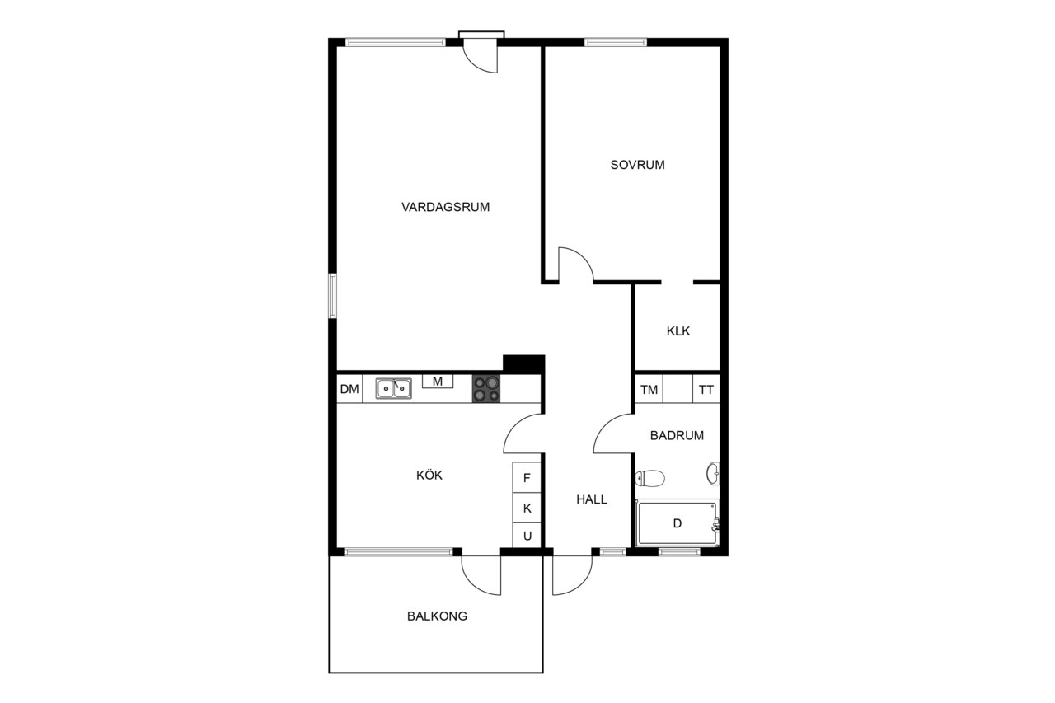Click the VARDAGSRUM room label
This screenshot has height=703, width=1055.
pyautogui.click(x=445, y=207)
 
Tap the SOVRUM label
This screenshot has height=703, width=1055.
pyautogui.click(x=637, y=165)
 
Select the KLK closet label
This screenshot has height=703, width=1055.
pyautogui.click(x=678, y=331)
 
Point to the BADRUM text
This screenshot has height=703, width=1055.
pyautogui.click(x=677, y=435)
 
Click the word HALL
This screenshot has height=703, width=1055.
pyautogui.click(x=592, y=499)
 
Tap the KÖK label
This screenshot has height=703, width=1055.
pyautogui.click(x=429, y=475)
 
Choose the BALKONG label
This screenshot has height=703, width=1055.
pyautogui.click(x=437, y=616)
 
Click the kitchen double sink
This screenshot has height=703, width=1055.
pyautogui.click(x=394, y=388)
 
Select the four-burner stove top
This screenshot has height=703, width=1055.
pyautogui.click(x=486, y=389)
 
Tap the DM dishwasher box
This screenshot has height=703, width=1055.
pyautogui.click(x=349, y=389)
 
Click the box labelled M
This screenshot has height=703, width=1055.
pyautogui.click(x=438, y=382)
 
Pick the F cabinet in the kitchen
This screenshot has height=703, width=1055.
pyautogui.click(x=527, y=478)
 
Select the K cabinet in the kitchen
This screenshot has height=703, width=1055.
pyautogui.click(x=527, y=508)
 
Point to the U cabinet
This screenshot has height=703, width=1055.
pyautogui.click(x=527, y=536)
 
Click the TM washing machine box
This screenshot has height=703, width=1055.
pyautogui.click(x=649, y=389)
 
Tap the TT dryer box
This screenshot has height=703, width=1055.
pyautogui.click(x=706, y=389)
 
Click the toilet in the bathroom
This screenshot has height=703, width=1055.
pyautogui.click(x=650, y=478)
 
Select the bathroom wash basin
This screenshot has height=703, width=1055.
pyautogui.click(x=714, y=473)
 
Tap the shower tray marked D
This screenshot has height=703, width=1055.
pyautogui.click(x=677, y=523)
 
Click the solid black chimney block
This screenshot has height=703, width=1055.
pyautogui.click(x=523, y=364)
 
